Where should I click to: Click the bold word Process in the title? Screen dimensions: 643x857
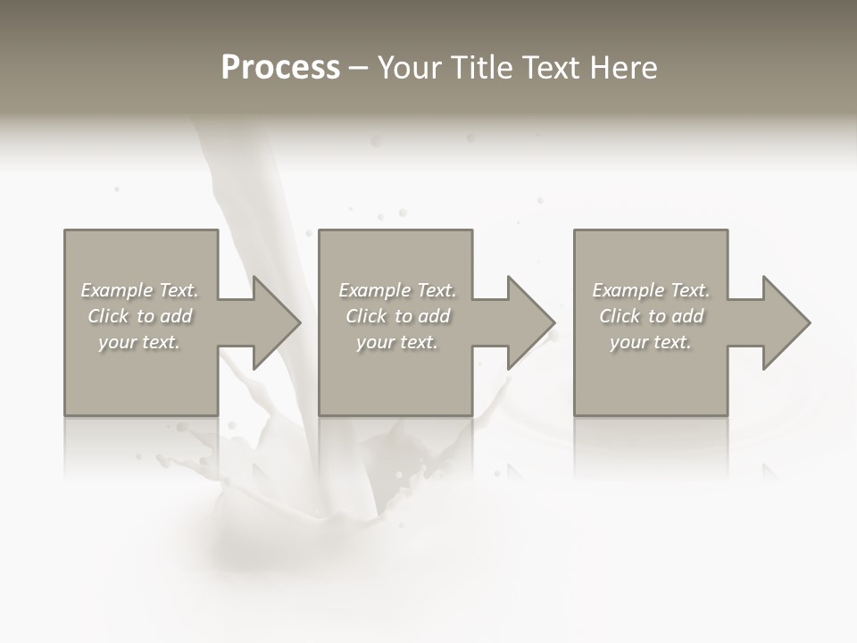280,68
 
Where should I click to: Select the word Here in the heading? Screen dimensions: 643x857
625,68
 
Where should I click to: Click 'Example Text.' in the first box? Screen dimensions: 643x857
139,290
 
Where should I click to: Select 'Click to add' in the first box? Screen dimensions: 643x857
139,316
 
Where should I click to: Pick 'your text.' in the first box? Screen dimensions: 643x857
139,342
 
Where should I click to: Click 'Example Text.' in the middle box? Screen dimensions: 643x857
396,290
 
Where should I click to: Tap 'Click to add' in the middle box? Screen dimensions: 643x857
396,316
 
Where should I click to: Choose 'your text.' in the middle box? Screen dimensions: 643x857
396,342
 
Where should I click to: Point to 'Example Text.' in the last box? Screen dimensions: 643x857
651,290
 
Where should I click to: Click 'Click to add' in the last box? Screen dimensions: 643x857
651,316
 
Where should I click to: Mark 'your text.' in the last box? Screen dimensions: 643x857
651,342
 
